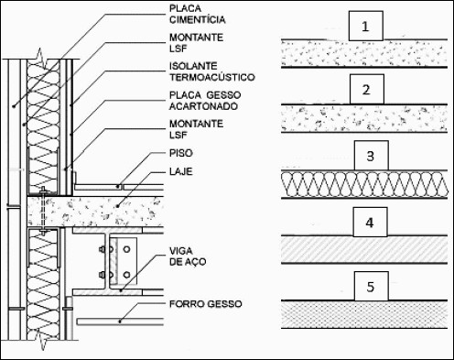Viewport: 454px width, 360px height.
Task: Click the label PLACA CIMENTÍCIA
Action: [x=198, y=14]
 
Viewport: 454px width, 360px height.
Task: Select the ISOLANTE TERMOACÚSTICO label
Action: [x=212, y=71]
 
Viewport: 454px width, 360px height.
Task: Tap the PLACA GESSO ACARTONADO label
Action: [x=205, y=101]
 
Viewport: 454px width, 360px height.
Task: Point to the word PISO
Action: [x=181, y=153]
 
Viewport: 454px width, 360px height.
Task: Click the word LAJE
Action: [x=181, y=171]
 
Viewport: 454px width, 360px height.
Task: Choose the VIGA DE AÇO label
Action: [x=188, y=256]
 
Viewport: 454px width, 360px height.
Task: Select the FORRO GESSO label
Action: [x=206, y=304]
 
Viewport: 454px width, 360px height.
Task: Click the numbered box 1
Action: [x=365, y=26]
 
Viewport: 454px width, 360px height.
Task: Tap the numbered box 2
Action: [x=367, y=90]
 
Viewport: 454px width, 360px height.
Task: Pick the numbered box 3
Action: [x=372, y=156]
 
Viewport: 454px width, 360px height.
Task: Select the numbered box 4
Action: [x=370, y=223]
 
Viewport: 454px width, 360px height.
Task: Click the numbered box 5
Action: [x=372, y=287]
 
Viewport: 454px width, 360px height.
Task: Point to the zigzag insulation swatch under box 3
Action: [x=364, y=184]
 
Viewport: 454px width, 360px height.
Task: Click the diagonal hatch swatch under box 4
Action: [x=364, y=249]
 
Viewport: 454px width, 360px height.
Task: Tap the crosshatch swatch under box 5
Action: [x=364, y=314]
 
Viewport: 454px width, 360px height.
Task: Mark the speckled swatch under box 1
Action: [x=364, y=53]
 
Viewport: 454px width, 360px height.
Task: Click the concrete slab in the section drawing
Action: [x=95, y=212]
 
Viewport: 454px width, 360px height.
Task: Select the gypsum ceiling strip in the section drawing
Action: [x=121, y=322]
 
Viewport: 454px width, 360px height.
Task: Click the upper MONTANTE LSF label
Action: [x=196, y=43]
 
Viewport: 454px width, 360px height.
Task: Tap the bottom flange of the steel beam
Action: [x=107, y=292]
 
